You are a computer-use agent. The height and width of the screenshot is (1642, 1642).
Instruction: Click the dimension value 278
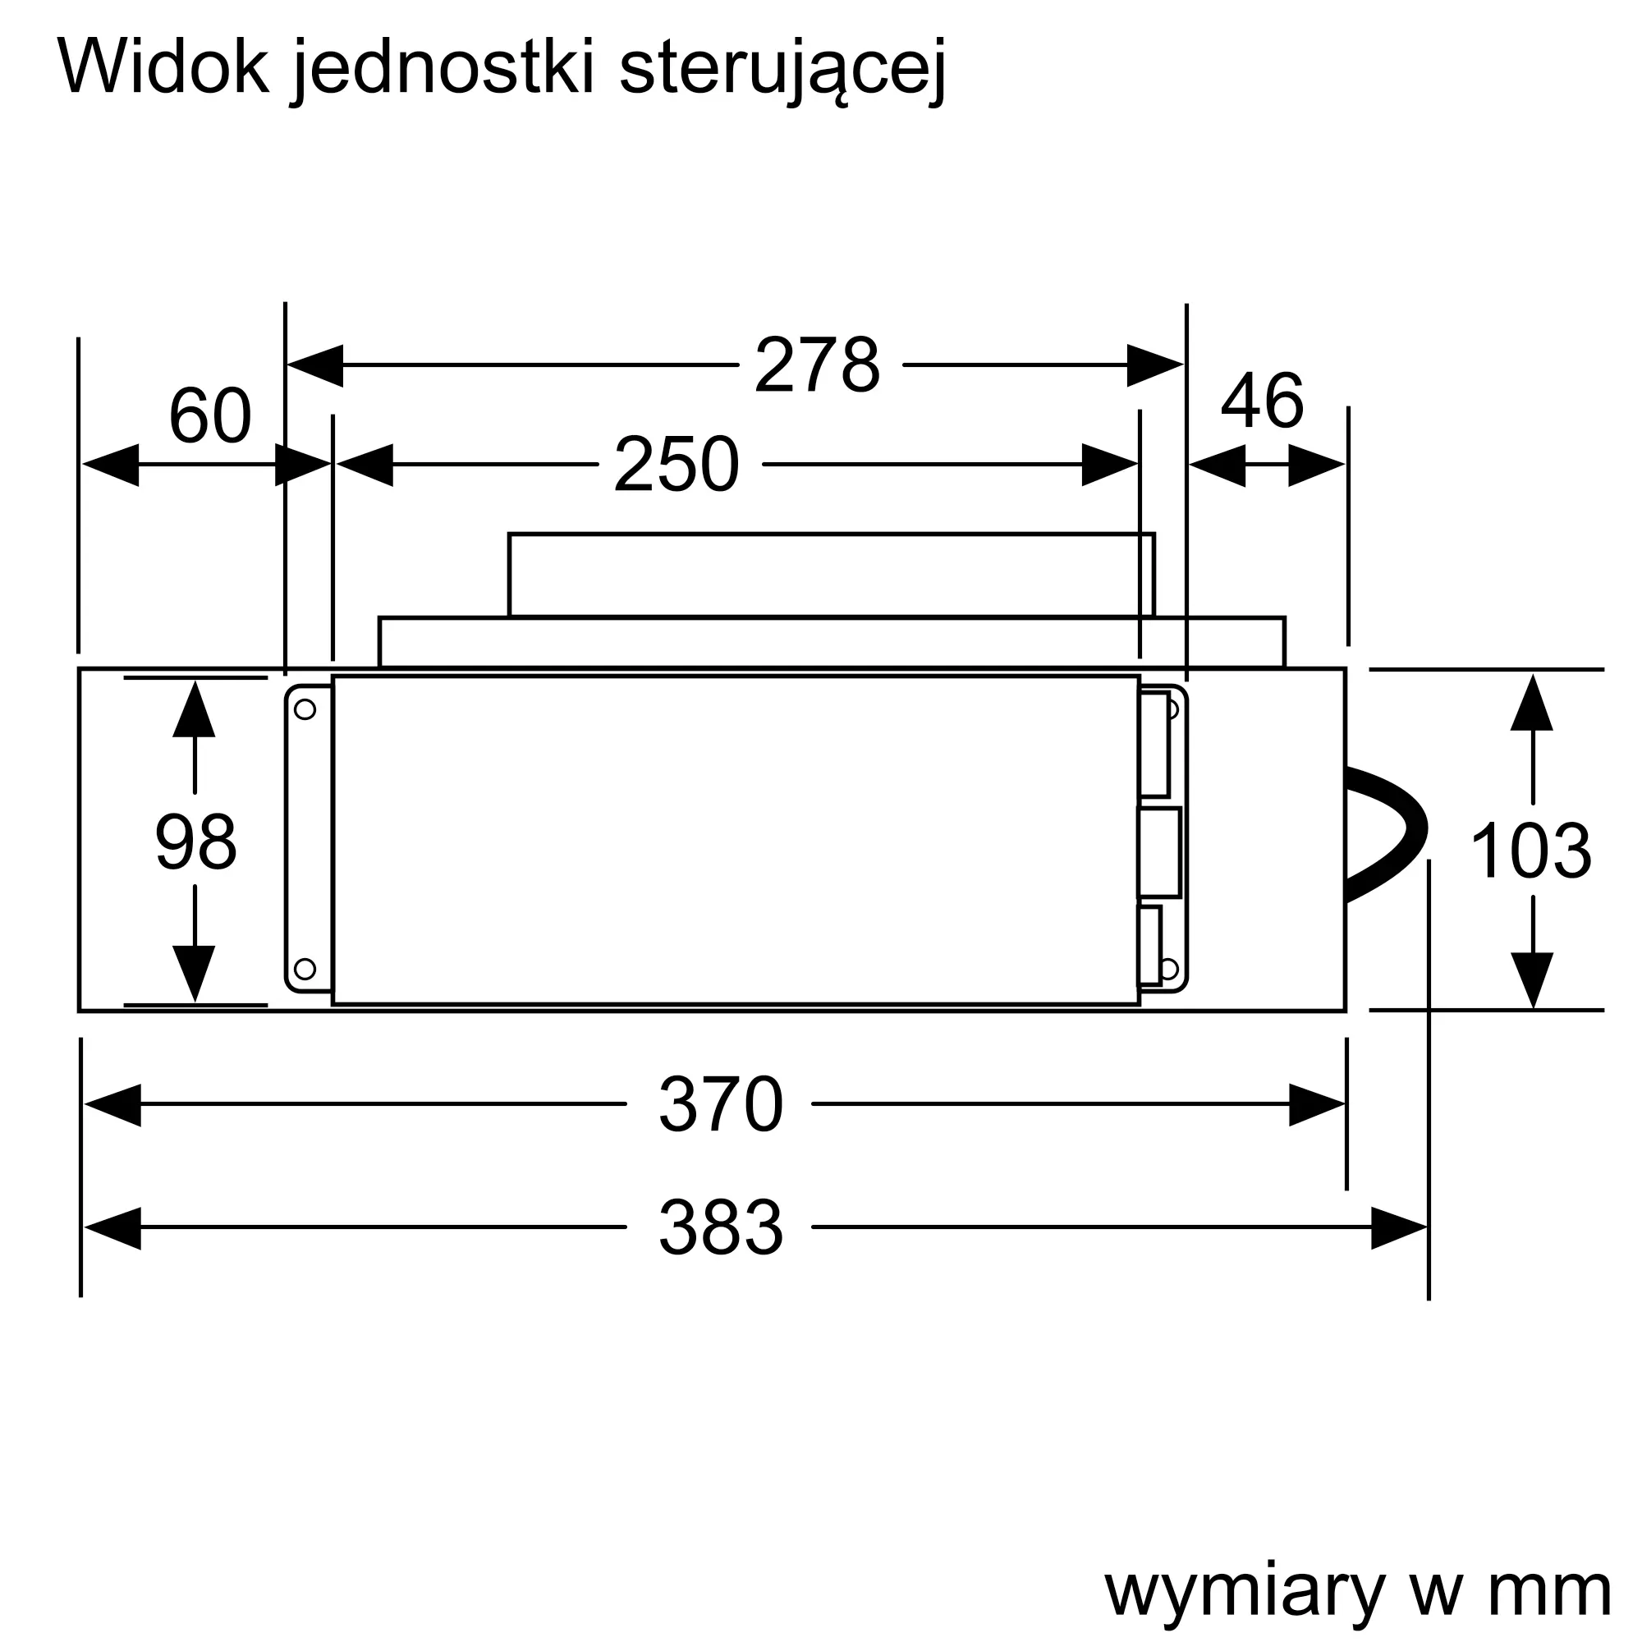tap(817, 365)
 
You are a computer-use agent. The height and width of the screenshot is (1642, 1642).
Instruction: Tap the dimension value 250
tap(677, 465)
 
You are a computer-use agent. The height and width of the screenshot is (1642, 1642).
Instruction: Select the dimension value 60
tap(210, 416)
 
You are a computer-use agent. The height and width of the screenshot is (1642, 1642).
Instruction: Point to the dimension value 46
tap(1262, 401)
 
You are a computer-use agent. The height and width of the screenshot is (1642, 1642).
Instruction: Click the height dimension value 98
tap(195, 842)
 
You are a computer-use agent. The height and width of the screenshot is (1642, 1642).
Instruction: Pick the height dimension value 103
tap(1530, 851)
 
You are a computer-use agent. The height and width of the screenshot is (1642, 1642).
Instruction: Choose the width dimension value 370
tap(721, 1105)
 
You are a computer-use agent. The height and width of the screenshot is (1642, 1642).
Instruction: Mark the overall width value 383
tap(721, 1228)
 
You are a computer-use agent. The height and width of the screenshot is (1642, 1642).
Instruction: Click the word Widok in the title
tap(163, 68)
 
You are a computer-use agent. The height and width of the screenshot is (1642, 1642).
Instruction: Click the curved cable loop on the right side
tap(1386, 835)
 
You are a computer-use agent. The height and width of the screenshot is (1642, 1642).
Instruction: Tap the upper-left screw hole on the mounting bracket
tap(305, 709)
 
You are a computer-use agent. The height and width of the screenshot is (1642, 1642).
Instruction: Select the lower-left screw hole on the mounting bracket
tap(305, 968)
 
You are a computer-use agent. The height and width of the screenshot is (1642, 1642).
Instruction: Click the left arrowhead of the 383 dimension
tap(112, 1228)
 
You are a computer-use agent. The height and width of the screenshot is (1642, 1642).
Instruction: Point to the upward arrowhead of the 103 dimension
tap(1531, 702)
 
